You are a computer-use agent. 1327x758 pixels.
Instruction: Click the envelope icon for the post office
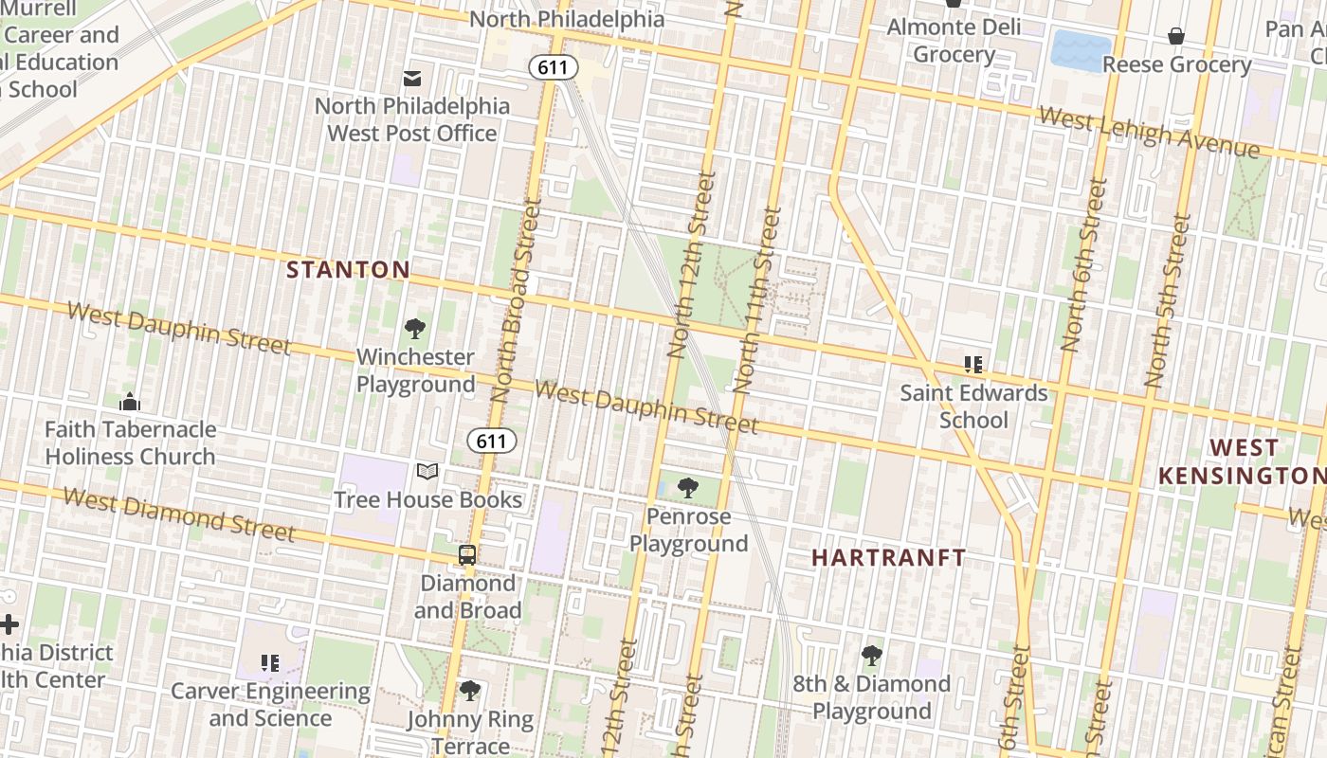point(412,78)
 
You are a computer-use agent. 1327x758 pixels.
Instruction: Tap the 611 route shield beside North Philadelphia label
point(553,66)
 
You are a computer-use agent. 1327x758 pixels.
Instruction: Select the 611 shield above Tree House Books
point(491,441)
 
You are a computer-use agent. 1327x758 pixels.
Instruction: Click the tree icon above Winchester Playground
point(414,330)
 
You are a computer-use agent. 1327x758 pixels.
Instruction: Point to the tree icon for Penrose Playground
point(688,489)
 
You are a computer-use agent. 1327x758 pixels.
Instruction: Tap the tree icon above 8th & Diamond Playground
point(871,656)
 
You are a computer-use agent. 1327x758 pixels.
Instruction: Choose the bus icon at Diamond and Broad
point(467,555)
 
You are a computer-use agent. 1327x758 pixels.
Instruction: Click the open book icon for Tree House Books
point(427,472)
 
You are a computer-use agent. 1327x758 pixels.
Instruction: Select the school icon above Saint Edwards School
point(973,365)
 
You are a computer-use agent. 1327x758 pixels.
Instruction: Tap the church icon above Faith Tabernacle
point(131,402)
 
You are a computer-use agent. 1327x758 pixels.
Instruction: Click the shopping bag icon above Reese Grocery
point(1176,36)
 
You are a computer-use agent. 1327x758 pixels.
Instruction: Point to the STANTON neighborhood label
point(348,270)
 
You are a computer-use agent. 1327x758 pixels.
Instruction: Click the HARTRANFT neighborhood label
point(888,558)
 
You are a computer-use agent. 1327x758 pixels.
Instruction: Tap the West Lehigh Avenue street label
point(1149,133)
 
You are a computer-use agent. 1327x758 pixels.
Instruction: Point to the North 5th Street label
point(1167,300)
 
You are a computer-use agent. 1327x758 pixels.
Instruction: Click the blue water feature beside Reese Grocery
point(1081,48)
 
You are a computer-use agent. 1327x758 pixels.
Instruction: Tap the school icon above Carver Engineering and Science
point(270,663)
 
